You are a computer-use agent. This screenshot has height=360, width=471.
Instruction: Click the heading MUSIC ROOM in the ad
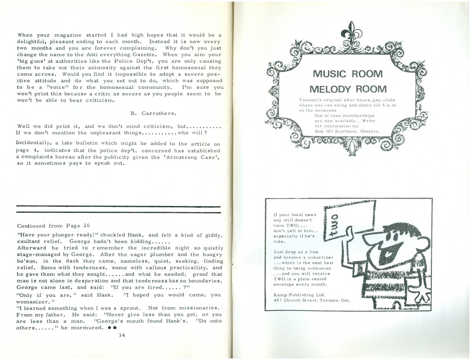coord(347,74)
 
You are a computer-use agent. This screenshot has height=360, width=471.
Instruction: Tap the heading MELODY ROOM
coord(348,89)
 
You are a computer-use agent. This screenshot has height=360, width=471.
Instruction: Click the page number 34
coord(121,335)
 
